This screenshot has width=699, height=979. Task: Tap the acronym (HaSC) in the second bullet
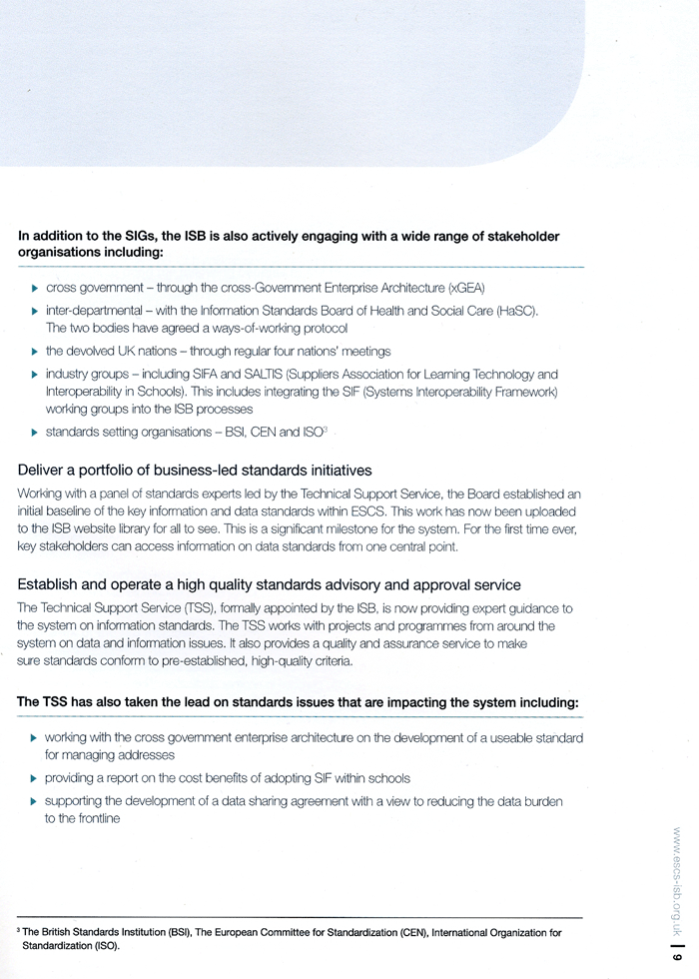point(516,311)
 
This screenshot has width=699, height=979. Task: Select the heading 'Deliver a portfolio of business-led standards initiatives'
point(195,470)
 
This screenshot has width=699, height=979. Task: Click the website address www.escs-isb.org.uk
point(678,879)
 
